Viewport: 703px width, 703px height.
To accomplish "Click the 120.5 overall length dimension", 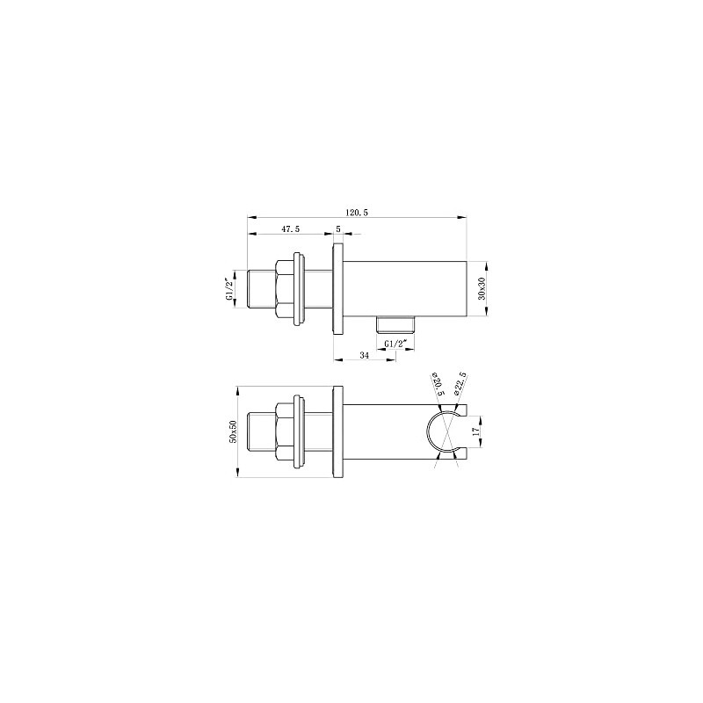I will pyautogui.click(x=356, y=212).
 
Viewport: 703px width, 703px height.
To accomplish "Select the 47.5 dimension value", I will pyautogui.click(x=291, y=228).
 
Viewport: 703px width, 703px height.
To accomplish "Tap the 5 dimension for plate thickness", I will pyautogui.click(x=338, y=228).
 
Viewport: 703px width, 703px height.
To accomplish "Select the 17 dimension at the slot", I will pyautogui.click(x=475, y=432).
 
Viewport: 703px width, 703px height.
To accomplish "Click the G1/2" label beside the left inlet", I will pyautogui.click(x=230, y=288).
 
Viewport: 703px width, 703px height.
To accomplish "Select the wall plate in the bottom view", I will pyautogui.click(x=337, y=431).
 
